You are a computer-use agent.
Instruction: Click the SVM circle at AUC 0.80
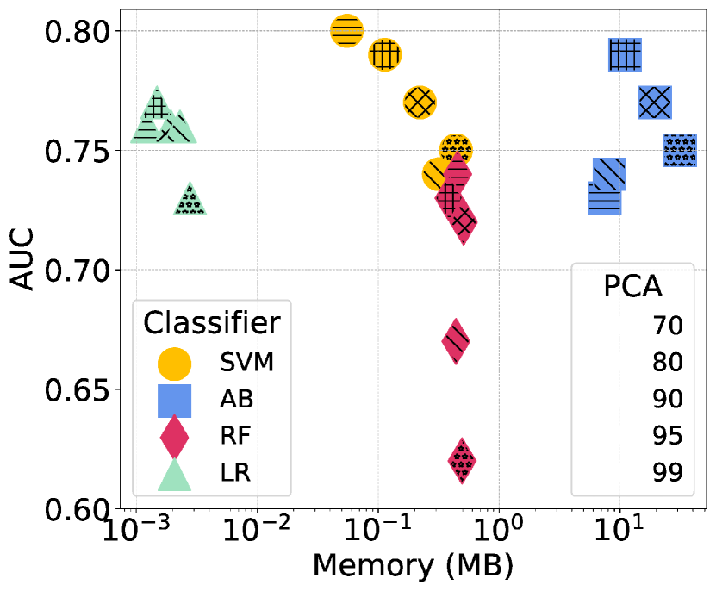coord(346,31)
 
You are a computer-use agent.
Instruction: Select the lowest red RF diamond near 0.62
coord(463,461)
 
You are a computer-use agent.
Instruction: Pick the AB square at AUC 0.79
coord(624,55)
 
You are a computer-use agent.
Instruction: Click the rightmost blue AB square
coord(680,151)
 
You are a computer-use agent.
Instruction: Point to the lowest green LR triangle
coord(190,201)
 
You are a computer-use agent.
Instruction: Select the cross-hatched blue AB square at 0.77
coord(655,103)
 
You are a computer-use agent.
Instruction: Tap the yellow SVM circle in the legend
coord(176,363)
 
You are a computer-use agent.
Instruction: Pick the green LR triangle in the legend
coord(176,475)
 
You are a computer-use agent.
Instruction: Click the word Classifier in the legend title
coord(211,322)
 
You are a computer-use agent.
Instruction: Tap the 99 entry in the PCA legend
coord(668,472)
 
